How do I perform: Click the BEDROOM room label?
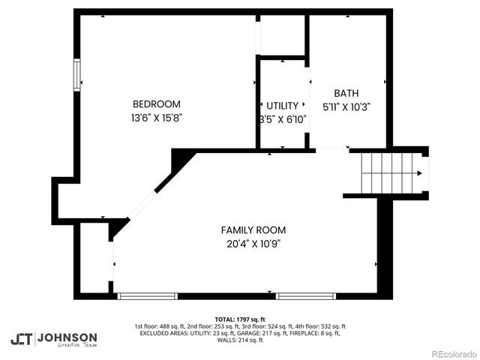coord(156,104)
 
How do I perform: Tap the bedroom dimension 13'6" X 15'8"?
coord(156,118)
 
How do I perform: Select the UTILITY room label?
coord(283,106)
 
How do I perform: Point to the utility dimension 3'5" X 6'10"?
coord(283,118)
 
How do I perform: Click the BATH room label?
coord(346,93)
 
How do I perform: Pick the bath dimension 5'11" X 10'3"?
coord(346,106)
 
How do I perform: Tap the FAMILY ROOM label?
coord(253,229)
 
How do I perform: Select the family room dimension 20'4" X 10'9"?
coord(253,243)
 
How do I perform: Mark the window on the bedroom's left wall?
coord(76,75)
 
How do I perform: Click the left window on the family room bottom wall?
coord(148,296)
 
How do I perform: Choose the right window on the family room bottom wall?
coord(306,296)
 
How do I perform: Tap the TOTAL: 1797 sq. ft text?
coord(240,319)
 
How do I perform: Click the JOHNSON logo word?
coord(67,337)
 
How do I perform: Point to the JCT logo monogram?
coord(21,339)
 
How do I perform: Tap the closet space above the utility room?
coord(281,34)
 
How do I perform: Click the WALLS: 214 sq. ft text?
coord(240,340)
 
